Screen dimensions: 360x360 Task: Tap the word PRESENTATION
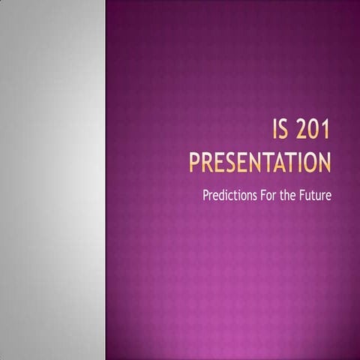pyautogui.click(x=259, y=163)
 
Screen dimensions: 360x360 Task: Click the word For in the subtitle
pyautogui.click(x=268, y=196)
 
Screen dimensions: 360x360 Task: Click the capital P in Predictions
pyautogui.click(x=206, y=196)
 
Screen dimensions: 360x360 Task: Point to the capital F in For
pyautogui.click(x=262, y=196)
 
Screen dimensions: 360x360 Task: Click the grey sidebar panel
pyautogui.click(x=52, y=180)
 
